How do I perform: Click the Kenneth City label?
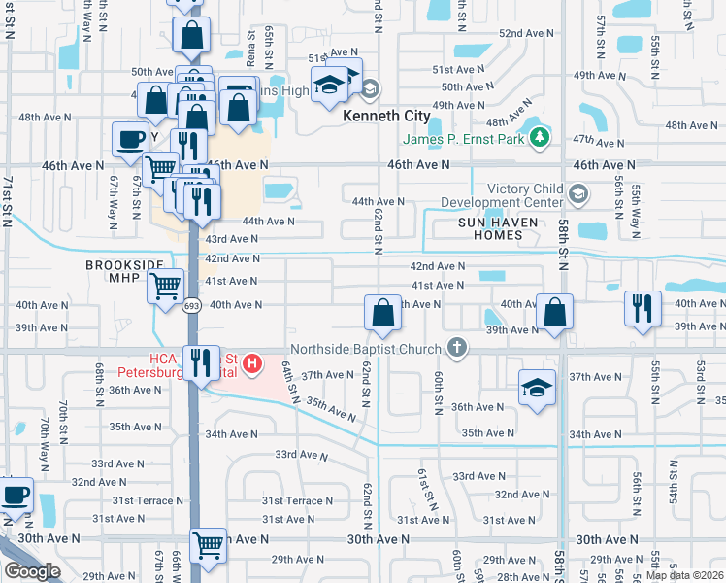click(386, 116)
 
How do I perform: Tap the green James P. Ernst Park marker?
click(542, 140)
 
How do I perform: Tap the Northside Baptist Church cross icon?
click(457, 347)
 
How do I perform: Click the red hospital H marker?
click(252, 364)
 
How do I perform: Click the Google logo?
click(31, 571)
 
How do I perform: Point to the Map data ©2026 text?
click(685, 575)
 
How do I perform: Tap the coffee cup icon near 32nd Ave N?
click(15, 495)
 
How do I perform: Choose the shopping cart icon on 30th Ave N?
click(208, 545)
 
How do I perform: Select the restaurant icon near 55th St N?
click(643, 308)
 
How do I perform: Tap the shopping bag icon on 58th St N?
click(554, 312)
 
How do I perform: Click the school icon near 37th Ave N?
click(536, 388)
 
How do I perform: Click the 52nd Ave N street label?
click(526, 33)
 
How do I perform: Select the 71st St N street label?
click(8, 201)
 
